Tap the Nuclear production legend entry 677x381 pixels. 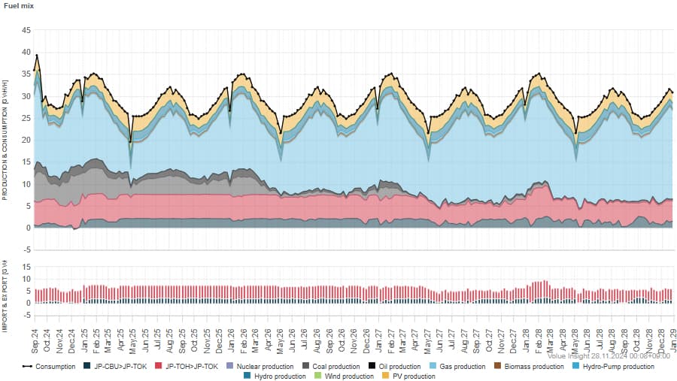pos(263,367)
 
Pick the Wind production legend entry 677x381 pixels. pos(348,376)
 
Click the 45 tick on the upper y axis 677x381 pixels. pos(26,31)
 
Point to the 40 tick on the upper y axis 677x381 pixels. pos(26,53)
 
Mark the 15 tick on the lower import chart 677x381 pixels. pos(26,267)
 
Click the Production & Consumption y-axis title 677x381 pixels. pos(5,142)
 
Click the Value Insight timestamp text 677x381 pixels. pos(609,355)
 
